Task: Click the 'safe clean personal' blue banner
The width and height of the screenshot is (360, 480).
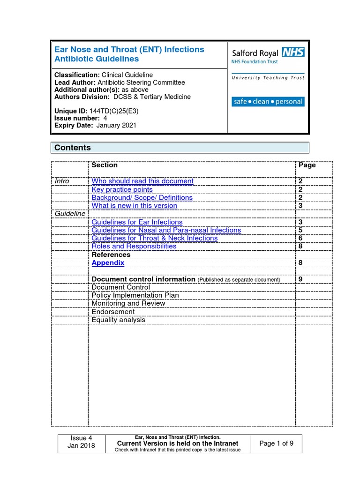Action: [x=268, y=102]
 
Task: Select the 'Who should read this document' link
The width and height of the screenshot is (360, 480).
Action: [x=142, y=181]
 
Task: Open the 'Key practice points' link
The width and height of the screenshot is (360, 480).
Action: [x=122, y=189]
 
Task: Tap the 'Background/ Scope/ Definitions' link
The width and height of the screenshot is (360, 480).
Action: [x=142, y=197]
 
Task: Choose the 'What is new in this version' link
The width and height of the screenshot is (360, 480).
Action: [x=135, y=205]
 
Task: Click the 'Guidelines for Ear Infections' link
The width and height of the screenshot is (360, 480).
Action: [x=137, y=222]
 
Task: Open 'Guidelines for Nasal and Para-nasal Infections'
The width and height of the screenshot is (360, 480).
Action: [x=166, y=230]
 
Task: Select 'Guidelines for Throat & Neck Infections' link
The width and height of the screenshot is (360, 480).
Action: [x=155, y=238]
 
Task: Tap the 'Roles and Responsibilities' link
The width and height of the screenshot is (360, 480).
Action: [x=134, y=246]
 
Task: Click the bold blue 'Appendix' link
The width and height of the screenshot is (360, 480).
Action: [x=108, y=263]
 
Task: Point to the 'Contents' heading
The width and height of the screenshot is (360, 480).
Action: [x=73, y=148]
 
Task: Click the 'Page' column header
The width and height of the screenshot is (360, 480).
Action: [x=307, y=165]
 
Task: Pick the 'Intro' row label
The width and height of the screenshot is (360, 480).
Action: [x=62, y=181]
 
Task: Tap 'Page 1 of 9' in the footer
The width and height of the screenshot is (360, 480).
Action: [x=277, y=443]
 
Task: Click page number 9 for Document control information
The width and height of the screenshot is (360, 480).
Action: [x=300, y=279]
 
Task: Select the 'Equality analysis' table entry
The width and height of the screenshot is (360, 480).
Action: [x=119, y=320]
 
